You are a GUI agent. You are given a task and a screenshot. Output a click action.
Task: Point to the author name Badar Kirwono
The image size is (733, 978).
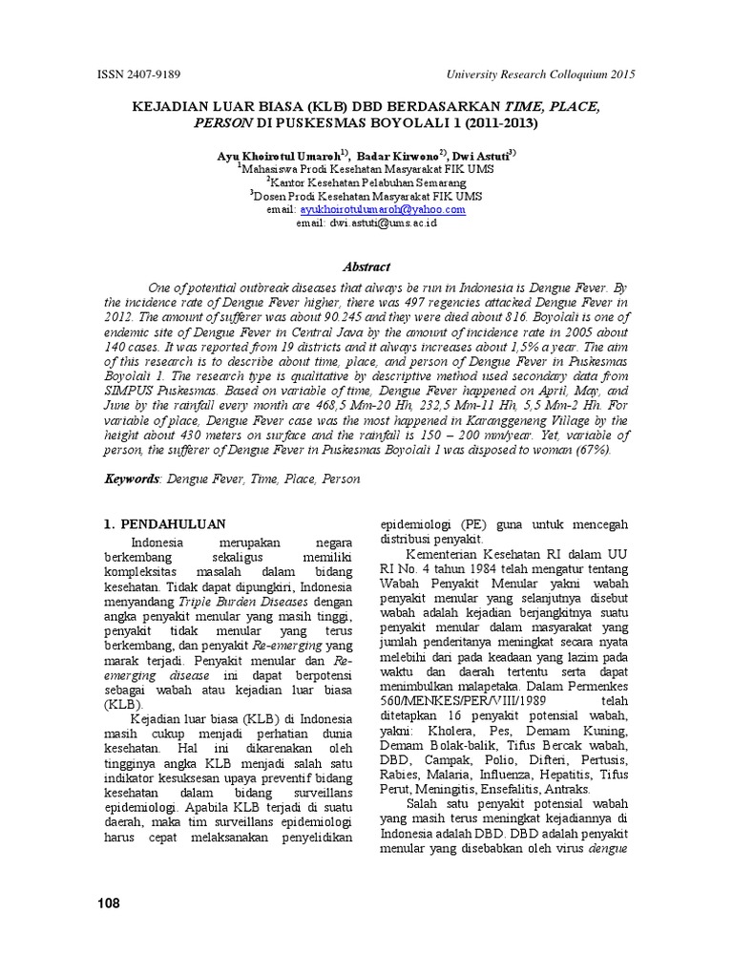tap(396, 154)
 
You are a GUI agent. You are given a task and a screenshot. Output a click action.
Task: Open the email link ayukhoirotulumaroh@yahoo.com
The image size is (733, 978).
tap(382, 209)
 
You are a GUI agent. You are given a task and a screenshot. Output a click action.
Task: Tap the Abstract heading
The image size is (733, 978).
tap(366, 267)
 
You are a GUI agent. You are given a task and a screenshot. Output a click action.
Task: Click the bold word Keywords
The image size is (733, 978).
tap(133, 478)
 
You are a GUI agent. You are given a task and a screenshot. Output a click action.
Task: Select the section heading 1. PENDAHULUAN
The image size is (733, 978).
tap(163, 523)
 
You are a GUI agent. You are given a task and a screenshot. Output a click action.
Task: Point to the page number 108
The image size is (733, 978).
tap(110, 904)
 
